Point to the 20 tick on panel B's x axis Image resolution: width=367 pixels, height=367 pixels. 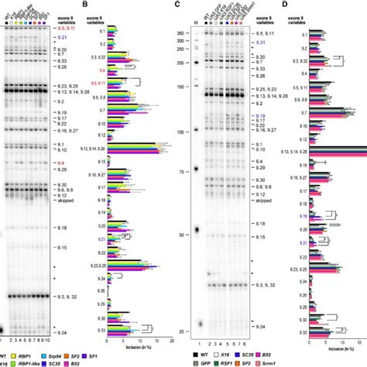(x=169, y=337)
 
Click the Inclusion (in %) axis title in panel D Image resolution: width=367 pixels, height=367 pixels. (x=324, y=344)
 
